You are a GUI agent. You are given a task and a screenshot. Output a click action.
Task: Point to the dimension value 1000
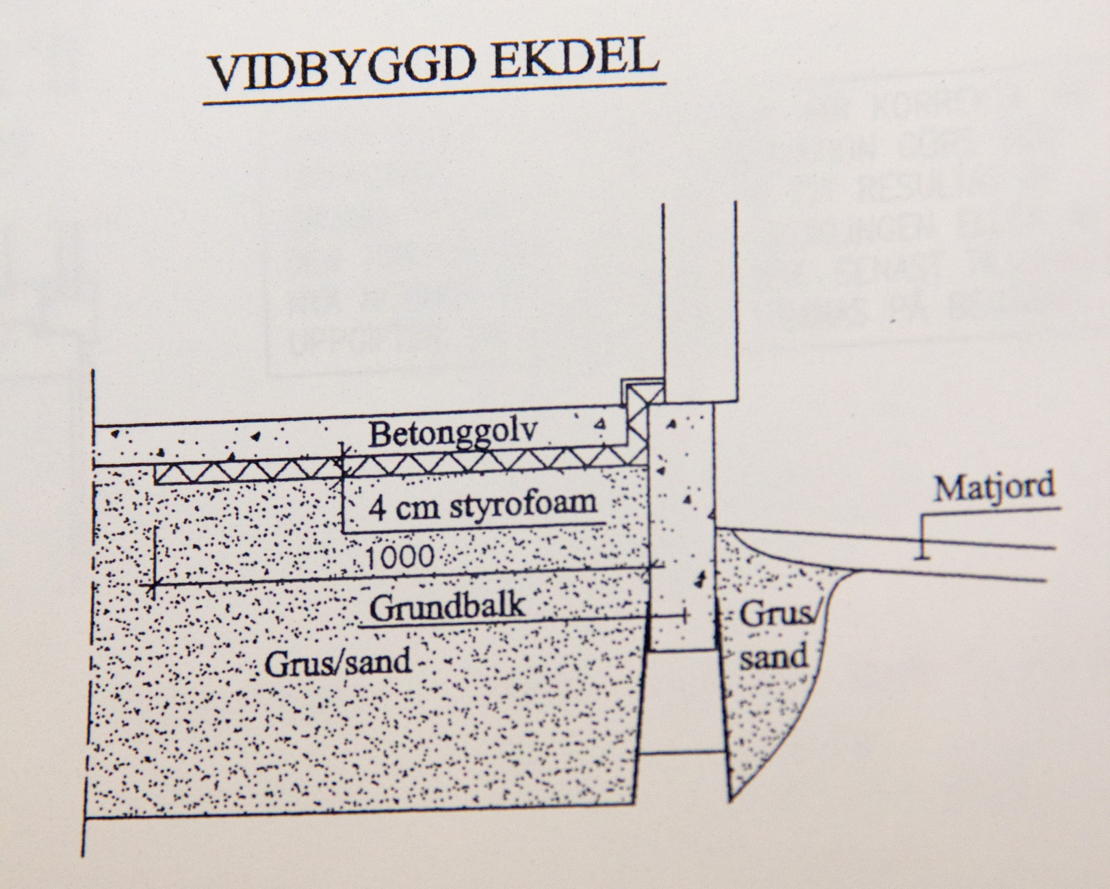point(400,558)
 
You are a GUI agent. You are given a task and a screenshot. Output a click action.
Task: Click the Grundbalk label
point(448,607)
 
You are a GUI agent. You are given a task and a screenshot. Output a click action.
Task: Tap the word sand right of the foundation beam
point(775,657)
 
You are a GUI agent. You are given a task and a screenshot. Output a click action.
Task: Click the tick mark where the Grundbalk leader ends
point(685,615)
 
